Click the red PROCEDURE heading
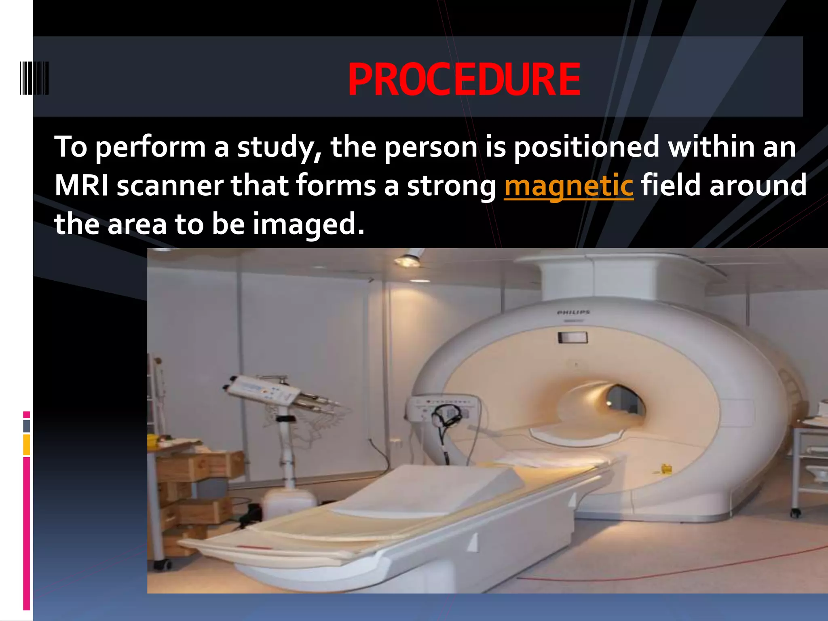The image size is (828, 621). pos(464,80)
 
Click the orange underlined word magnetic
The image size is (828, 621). pos(568,186)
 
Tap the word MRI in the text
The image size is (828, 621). pos(81,186)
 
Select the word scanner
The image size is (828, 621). pos(170,186)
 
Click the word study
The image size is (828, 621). pos(279,148)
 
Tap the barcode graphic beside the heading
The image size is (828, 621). pos(34,78)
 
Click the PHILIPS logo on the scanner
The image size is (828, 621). pos(573,313)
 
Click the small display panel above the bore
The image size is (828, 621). pos(572,337)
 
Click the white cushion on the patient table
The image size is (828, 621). pos(429,491)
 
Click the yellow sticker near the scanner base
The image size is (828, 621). pos(666,469)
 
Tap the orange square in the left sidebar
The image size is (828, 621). pos(27,445)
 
